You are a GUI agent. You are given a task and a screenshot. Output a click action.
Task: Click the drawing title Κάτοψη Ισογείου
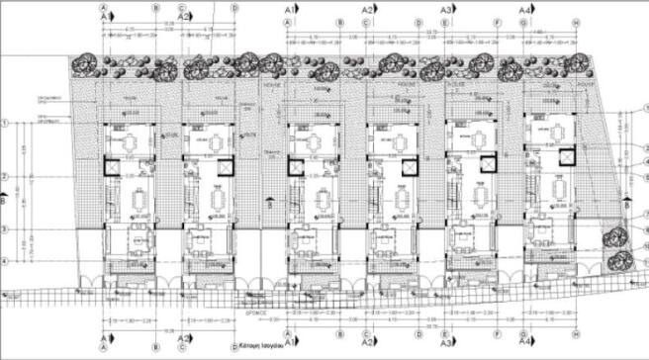[258, 347]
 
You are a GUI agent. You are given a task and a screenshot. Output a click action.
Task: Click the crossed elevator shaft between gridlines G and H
[566, 157]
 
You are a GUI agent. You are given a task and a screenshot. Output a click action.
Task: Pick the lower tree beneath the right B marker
[621, 259]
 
